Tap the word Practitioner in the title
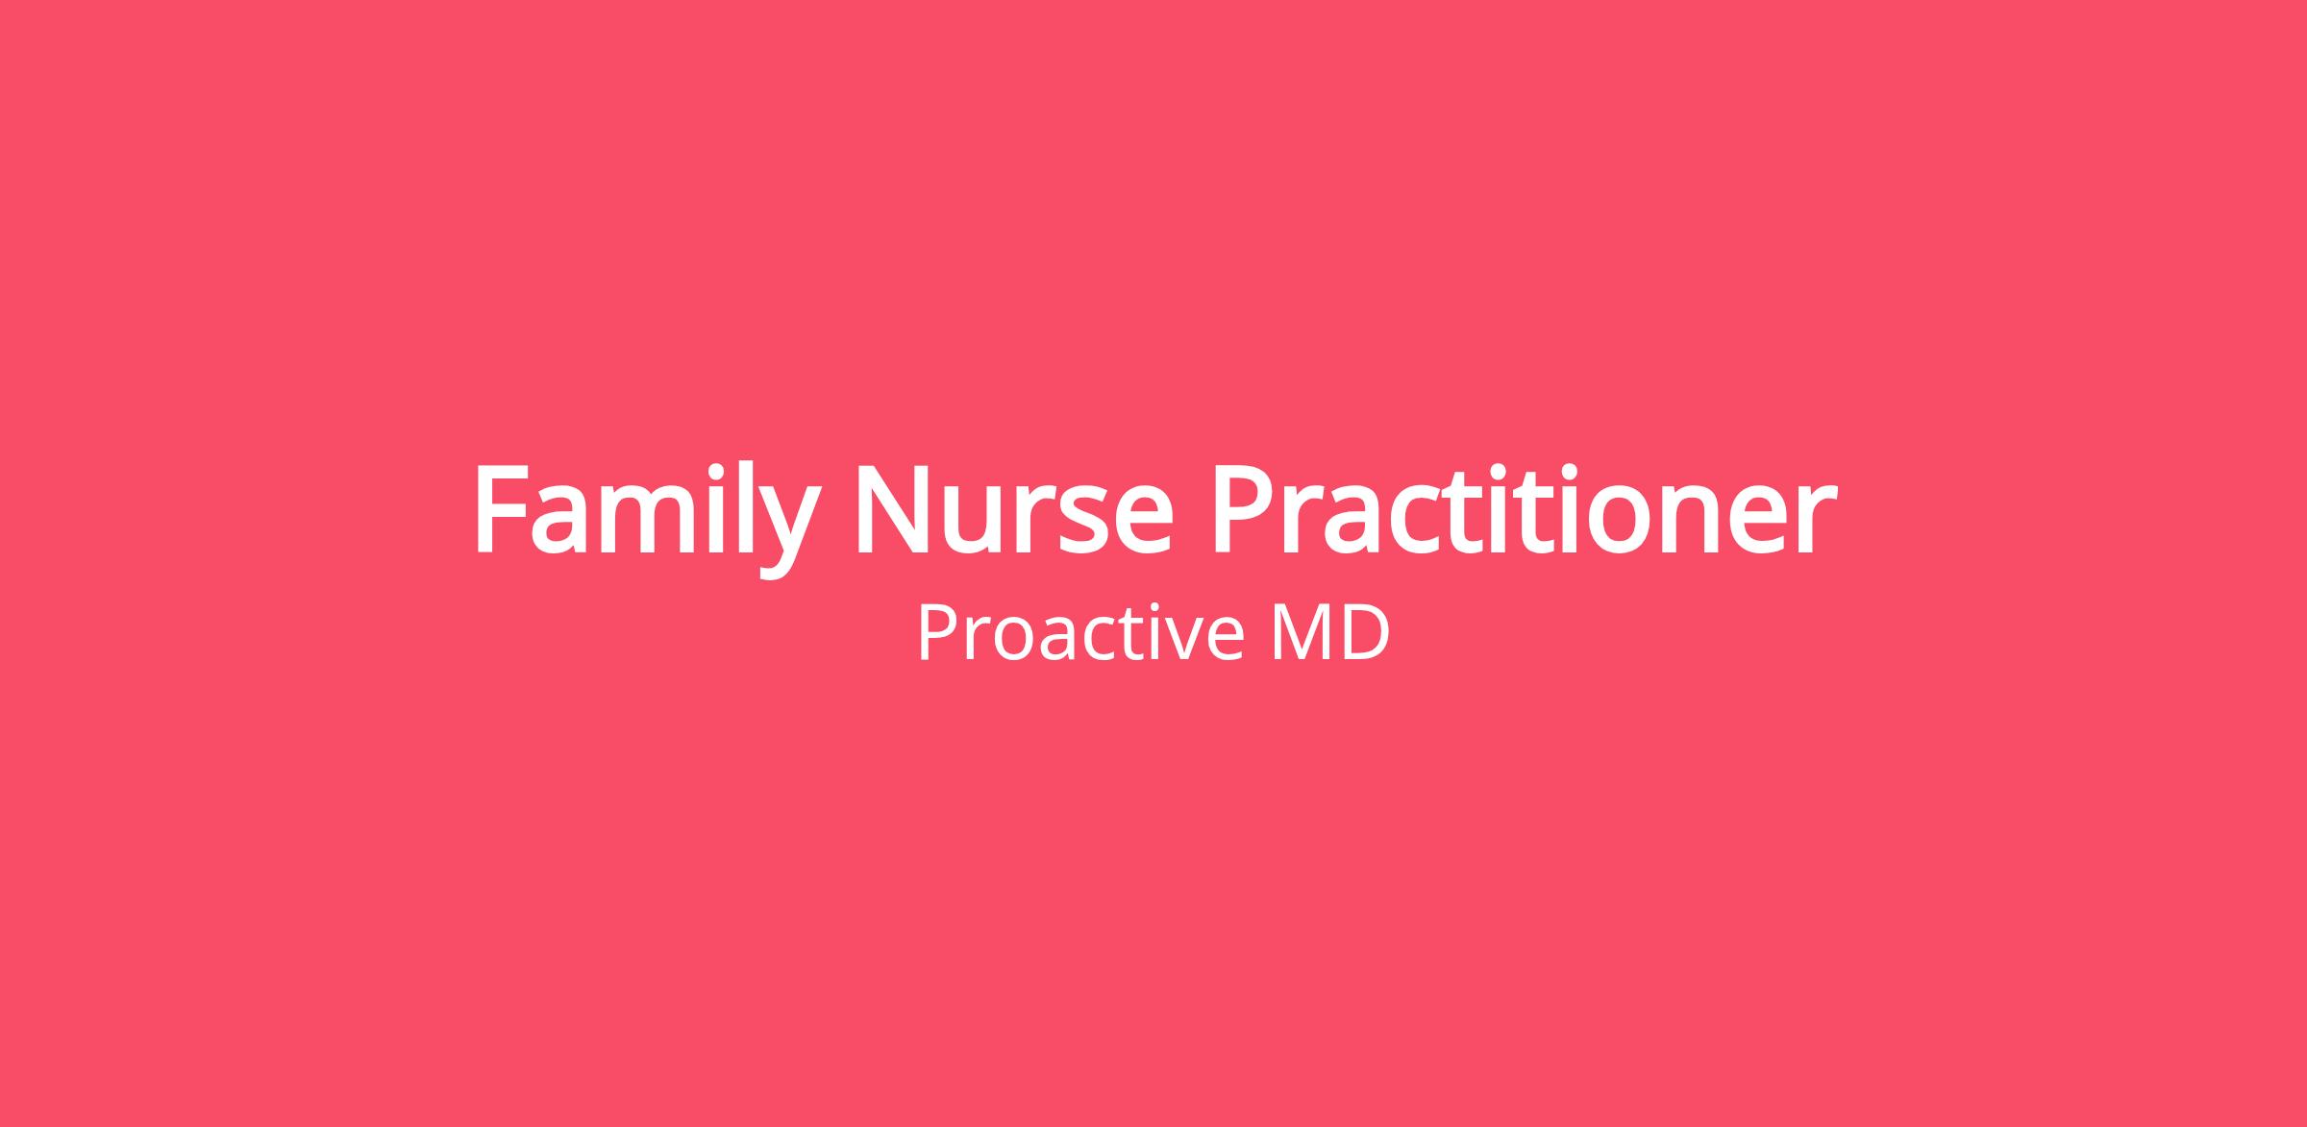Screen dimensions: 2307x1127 click(1526, 508)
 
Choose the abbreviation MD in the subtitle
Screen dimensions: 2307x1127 click(1330, 632)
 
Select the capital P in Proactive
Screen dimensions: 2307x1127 click(936, 632)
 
